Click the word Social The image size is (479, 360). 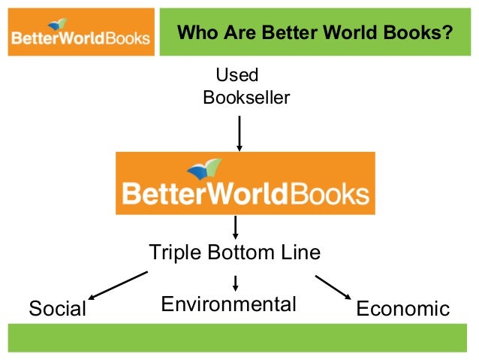(57, 309)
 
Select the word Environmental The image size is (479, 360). (229, 304)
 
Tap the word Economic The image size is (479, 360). (402, 309)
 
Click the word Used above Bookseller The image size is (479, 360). (237, 75)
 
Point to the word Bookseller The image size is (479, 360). (246, 98)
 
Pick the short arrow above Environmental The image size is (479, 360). (236, 283)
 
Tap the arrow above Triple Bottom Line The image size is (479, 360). (236, 226)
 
